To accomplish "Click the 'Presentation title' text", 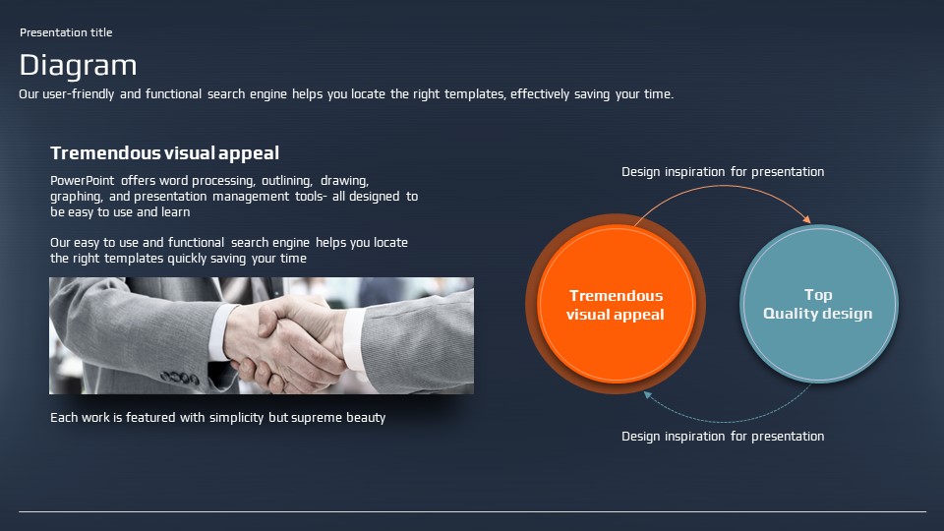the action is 66,32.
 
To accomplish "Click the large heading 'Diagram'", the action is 79,66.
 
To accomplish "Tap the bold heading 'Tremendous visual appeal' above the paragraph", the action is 164,153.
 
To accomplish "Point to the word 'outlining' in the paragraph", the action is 287,181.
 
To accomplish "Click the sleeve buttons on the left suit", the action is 179,378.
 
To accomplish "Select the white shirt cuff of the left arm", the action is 219,332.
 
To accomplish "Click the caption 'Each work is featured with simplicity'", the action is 157,418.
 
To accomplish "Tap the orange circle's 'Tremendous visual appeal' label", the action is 616,305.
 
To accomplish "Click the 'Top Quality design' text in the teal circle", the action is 817,304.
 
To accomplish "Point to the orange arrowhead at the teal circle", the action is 806,219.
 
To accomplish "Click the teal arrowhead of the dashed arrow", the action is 648,395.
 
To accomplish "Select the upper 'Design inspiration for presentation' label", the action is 723,172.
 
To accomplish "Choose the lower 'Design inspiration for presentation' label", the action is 723,437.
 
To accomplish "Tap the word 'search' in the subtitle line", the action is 226,94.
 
